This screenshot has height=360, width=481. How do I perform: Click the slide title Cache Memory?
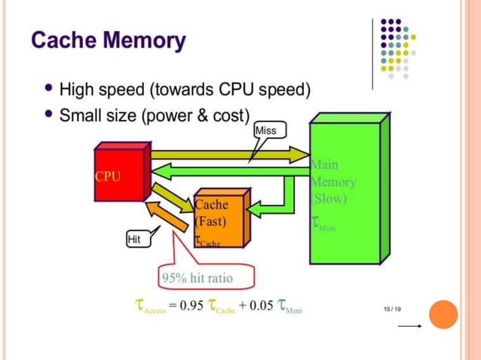pos(108,39)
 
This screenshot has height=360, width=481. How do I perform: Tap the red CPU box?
pos(119,172)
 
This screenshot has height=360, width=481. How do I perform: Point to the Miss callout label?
pos(266,130)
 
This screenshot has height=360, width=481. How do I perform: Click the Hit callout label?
pos(135,239)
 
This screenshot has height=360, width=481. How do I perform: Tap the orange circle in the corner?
pos(443,315)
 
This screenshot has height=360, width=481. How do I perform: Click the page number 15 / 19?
pos(392,309)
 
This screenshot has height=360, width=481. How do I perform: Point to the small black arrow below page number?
pos(409,327)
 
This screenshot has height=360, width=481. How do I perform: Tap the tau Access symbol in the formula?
pos(149,307)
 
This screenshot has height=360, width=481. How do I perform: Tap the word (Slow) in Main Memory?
pos(329,199)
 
